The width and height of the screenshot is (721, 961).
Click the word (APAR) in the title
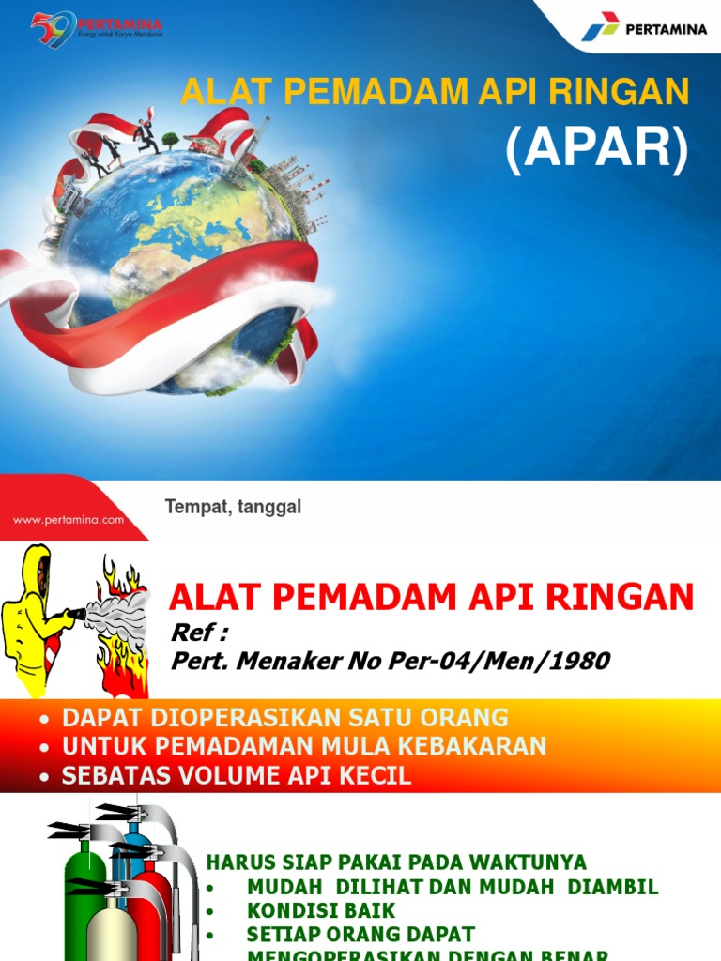pyautogui.click(x=597, y=150)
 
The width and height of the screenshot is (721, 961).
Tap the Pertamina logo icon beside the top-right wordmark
pyautogui.click(x=600, y=27)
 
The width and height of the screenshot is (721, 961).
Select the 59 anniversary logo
pyautogui.click(x=54, y=28)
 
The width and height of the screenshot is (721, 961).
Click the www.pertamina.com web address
pyautogui.click(x=68, y=519)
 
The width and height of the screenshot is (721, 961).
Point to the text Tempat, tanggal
pyautogui.click(x=233, y=507)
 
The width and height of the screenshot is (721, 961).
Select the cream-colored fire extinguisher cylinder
pyautogui.click(x=111, y=929)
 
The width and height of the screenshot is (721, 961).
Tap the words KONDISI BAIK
pyautogui.click(x=321, y=910)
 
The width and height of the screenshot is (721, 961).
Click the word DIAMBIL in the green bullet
pyautogui.click(x=616, y=887)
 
